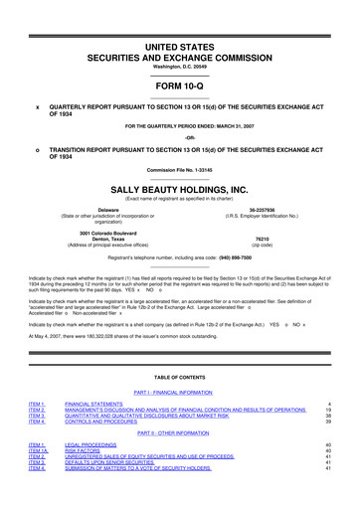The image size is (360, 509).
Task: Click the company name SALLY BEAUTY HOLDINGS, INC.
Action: click(x=179, y=187)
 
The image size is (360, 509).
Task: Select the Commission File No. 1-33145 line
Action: click(x=179, y=170)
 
